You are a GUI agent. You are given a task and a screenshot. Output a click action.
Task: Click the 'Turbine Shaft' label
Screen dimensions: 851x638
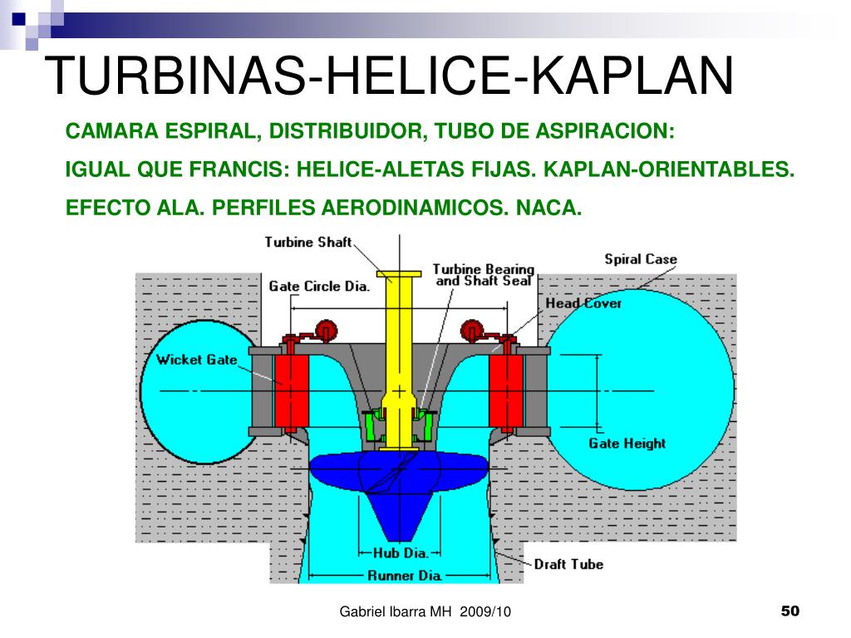point(308,242)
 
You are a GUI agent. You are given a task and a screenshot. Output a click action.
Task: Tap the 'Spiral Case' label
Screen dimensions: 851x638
point(641,259)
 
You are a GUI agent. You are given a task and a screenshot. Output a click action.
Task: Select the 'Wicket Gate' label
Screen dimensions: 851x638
point(196,360)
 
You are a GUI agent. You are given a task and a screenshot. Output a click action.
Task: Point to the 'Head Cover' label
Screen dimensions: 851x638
point(583,303)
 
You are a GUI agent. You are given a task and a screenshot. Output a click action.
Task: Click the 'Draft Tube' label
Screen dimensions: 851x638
point(568,564)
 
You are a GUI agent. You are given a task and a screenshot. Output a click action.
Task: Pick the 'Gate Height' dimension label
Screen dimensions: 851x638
point(627,444)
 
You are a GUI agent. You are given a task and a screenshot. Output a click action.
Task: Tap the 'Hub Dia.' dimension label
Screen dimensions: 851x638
point(401,552)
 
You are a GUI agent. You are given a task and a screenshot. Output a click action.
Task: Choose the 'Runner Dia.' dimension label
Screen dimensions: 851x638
point(405,576)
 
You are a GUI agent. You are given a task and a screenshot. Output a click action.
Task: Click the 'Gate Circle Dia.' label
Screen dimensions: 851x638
point(319,286)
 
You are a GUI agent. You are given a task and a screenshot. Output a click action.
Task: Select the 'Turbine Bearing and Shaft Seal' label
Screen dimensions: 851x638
point(484,275)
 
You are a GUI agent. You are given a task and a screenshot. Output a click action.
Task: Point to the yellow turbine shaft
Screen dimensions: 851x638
point(399,358)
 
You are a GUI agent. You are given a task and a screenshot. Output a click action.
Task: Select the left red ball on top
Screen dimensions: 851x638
point(326,331)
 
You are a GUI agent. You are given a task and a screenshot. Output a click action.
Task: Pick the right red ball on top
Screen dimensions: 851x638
point(472,331)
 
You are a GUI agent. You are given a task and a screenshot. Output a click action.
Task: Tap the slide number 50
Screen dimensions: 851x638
point(790,611)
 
